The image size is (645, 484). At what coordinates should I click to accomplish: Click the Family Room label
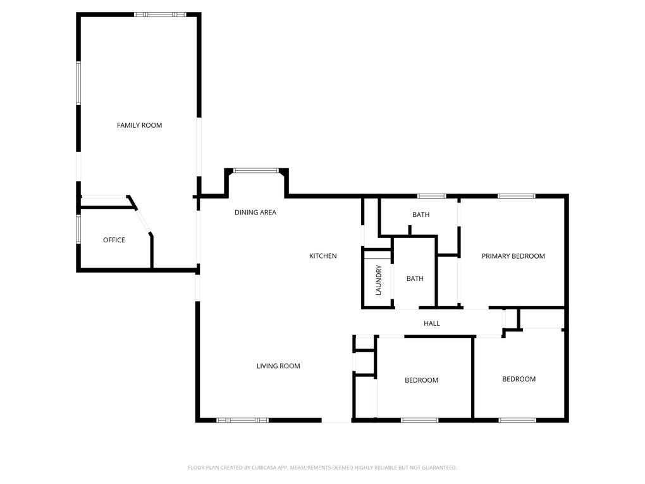click(x=140, y=125)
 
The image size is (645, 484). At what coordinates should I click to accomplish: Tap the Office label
click(x=114, y=240)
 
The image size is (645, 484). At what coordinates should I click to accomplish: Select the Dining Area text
click(x=255, y=213)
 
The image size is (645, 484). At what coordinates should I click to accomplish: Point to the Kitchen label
click(x=323, y=256)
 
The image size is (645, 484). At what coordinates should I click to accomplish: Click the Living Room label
click(x=278, y=366)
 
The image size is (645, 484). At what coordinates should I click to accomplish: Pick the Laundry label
click(x=378, y=280)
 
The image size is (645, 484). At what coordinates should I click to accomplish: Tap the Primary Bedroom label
click(x=513, y=256)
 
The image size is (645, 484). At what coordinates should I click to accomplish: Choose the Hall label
click(x=432, y=323)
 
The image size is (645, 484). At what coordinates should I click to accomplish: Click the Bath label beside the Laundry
click(x=415, y=278)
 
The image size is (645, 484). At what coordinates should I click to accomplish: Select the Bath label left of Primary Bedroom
click(x=421, y=214)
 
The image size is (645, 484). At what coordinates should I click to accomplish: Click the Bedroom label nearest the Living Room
click(x=422, y=380)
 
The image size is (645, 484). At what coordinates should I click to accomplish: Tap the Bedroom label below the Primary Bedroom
click(x=519, y=379)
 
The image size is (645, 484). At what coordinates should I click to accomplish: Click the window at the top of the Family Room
click(x=160, y=15)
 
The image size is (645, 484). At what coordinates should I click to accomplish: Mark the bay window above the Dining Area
click(x=256, y=170)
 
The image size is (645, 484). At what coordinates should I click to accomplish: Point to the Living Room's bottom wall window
click(x=243, y=420)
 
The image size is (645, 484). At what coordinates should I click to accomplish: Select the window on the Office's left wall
click(x=78, y=229)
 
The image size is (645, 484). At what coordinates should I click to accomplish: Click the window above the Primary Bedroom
click(x=516, y=196)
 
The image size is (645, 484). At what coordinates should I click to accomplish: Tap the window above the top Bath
click(x=431, y=196)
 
